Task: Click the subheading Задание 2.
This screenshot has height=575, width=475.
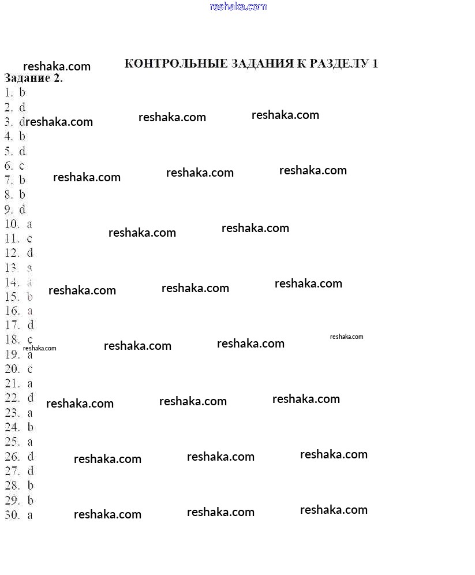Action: [x=33, y=79]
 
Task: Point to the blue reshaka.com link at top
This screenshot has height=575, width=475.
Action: [x=238, y=7]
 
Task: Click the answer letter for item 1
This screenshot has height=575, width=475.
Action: [x=23, y=92]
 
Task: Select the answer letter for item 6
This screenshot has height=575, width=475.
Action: [x=22, y=166]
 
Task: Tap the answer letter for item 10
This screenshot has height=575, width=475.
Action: [x=29, y=224]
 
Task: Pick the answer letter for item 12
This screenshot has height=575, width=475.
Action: [x=30, y=253]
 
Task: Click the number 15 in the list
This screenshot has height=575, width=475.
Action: [x=12, y=297]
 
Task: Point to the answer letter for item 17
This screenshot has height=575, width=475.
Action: [x=31, y=326]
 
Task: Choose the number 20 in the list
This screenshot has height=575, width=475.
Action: [x=12, y=369]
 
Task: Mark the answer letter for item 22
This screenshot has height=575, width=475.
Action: [x=31, y=398]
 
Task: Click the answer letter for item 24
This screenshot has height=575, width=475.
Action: [x=31, y=427]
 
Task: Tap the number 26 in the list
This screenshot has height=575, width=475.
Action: [x=12, y=457]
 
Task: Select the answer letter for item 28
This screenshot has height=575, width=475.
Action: [x=31, y=486]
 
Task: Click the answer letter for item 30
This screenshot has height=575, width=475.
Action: [x=30, y=515]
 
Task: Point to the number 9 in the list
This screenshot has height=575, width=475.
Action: [x=9, y=210]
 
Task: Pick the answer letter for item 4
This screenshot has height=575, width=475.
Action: [x=23, y=136]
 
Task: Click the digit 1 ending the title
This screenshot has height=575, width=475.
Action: [x=375, y=64]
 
